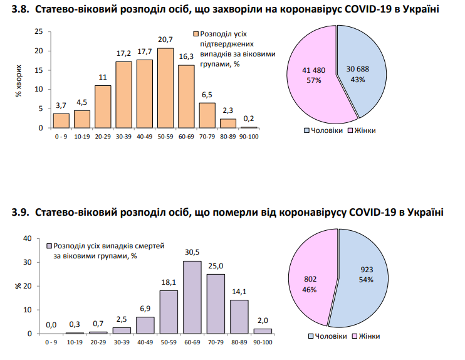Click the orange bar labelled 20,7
tap(165, 88)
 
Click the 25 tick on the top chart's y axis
tap(39, 31)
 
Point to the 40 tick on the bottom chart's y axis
tap(27, 238)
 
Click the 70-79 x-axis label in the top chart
tap(207, 134)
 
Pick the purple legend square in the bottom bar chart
tap(50, 246)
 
